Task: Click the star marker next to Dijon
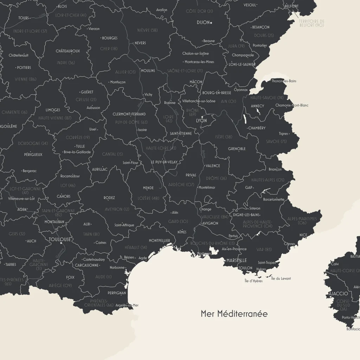(211, 23)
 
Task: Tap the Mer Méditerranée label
(234, 314)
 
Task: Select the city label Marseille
(237, 261)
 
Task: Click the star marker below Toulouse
(61, 243)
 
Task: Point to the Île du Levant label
(281, 278)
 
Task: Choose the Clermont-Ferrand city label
(129, 114)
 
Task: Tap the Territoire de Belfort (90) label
(311, 23)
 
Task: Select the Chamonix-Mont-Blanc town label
(292, 105)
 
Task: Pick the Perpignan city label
(117, 293)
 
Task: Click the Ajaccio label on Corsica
(338, 294)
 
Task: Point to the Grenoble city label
(237, 149)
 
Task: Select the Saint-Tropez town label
(266, 263)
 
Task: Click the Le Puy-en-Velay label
(164, 162)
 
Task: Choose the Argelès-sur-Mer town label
(127, 305)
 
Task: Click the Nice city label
(303, 235)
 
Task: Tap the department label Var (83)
(264, 249)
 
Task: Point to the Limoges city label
(53, 110)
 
